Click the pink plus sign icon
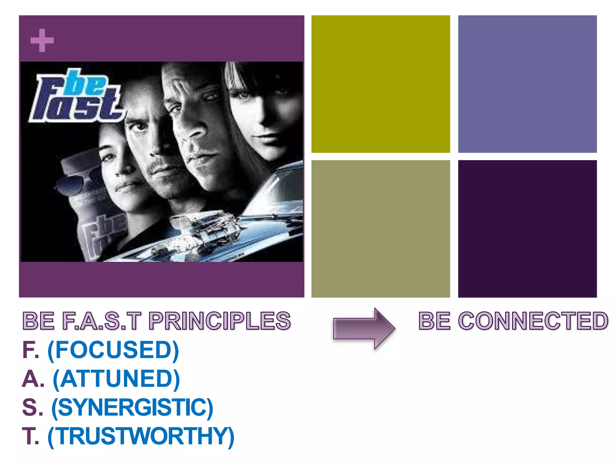42,40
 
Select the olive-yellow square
380,84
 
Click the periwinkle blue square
527,84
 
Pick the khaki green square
380,229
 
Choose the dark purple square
527,229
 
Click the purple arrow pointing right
364,328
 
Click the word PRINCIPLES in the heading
220,321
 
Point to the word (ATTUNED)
116,379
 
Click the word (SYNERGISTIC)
132,408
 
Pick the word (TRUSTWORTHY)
141,436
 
